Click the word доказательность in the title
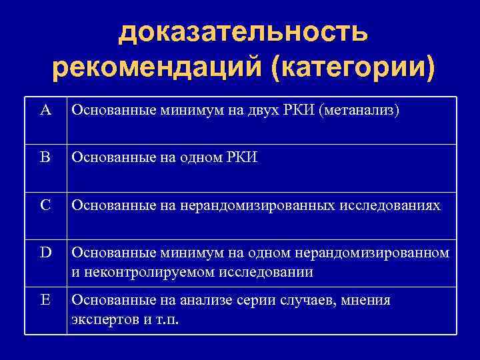(243, 31)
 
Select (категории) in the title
(351, 68)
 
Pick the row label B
(45, 158)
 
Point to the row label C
(45, 205)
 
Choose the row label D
(45, 253)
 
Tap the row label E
(45, 300)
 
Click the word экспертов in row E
(101, 319)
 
